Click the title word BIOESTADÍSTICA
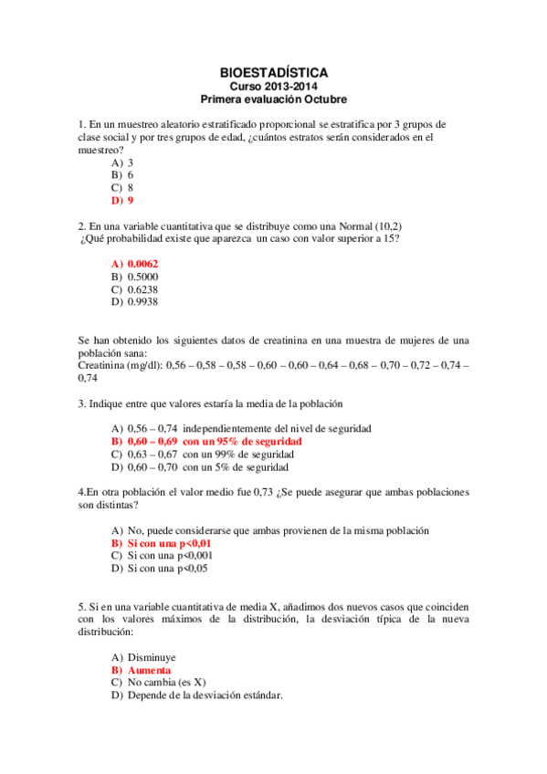click(274, 71)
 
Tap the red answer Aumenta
click(149, 669)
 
